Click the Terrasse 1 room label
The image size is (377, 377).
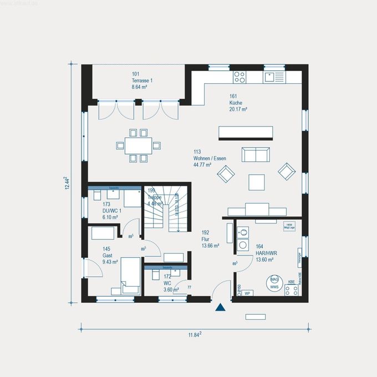point(142,80)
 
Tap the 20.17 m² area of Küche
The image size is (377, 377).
point(238,109)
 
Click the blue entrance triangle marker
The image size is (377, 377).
point(221,307)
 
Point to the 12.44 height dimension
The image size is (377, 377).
point(66,183)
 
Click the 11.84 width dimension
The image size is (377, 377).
point(192,334)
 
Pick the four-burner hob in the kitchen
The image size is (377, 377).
point(240,77)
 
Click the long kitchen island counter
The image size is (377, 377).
point(246,132)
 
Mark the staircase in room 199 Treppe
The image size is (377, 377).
point(162,213)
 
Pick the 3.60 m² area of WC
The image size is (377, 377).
point(171,289)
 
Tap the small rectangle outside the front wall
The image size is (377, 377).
point(255,317)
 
